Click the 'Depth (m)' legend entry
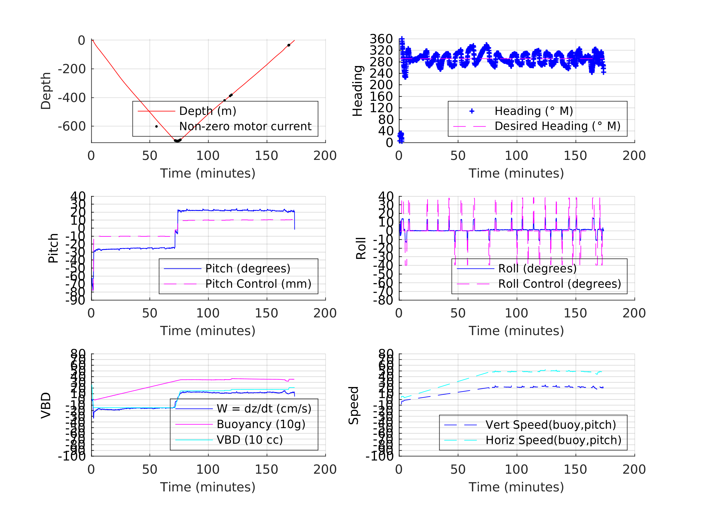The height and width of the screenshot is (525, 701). coord(208,111)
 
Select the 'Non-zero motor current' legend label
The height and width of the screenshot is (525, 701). coord(245,126)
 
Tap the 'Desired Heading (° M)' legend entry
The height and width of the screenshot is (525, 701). coord(557,126)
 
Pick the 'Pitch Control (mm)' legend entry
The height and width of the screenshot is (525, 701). coord(258,284)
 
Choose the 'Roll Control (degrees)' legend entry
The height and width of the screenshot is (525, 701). coord(560,284)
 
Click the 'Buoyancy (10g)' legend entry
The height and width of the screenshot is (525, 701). coord(261,424)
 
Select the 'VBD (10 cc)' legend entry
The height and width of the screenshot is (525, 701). coord(250,439)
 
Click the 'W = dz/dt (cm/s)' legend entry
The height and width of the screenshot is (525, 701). coord(264,409)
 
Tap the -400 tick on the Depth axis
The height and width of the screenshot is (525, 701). coord(72,98)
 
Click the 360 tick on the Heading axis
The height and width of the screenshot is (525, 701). coord(381,39)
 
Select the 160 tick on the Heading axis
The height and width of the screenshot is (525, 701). coord(381,97)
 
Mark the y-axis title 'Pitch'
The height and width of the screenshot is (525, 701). coord(53,248)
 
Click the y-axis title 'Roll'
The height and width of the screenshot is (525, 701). coord(361,248)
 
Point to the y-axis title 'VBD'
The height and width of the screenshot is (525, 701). coord(46,405)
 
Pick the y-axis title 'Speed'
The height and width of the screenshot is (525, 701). coord(353,405)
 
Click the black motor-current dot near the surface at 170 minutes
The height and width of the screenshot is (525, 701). coord(289,45)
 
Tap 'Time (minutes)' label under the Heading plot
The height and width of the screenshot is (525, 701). coord(516,173)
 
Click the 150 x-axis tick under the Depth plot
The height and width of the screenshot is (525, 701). coord(267,156)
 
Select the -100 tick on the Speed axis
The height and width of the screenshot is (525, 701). coord(379,456)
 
